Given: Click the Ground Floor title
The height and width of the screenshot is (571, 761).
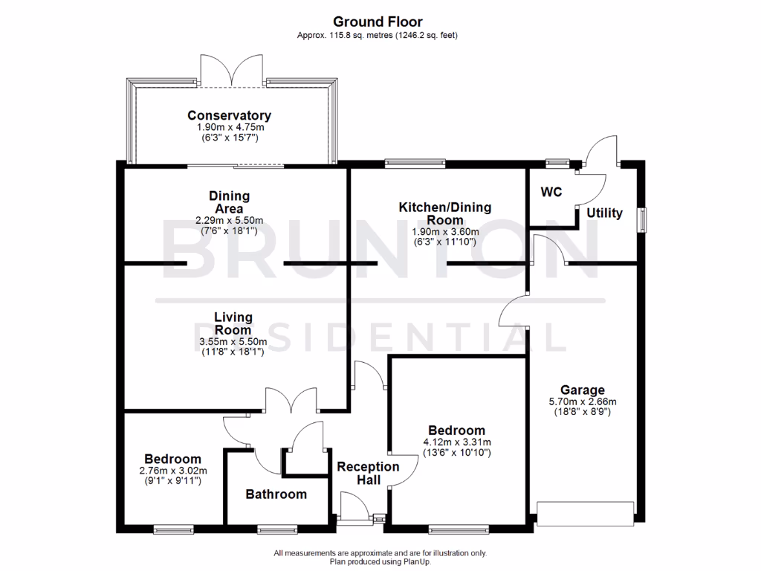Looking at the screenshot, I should (378, 22).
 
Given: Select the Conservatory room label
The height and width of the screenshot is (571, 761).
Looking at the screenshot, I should (229, 115).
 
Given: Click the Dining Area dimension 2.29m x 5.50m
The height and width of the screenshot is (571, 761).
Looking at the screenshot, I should (229, 221).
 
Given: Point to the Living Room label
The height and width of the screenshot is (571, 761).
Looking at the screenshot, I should (233, 323).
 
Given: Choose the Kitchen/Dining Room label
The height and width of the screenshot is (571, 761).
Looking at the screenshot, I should (444, 213).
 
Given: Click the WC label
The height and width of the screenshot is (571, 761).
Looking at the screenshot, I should (551, 192).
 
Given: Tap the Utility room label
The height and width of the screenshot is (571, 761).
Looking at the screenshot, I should (604, 213).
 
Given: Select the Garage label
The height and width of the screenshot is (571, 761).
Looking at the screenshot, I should (582, 390).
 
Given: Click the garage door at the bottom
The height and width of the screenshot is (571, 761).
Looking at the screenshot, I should (585, 514).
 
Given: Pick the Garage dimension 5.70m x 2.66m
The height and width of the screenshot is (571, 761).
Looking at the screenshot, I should (582, 402).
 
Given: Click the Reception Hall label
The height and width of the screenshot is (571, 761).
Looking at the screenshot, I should (368, 473).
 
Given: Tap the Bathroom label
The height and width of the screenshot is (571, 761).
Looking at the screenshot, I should (276, 494).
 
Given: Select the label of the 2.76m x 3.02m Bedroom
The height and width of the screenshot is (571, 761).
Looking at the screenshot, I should (172, 459).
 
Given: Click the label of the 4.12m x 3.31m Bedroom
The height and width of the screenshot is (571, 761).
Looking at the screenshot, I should (456, 430).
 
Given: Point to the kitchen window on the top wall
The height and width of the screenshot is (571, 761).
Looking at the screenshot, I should (415, 163).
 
